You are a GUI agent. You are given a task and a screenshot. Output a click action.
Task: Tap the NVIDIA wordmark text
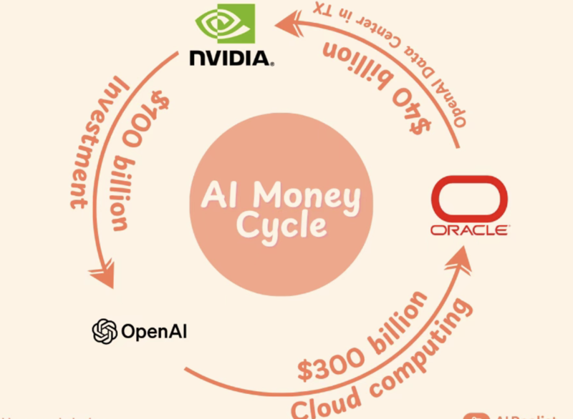[x=231, y=58]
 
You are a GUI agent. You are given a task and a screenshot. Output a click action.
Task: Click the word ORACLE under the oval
[x=469, y=231]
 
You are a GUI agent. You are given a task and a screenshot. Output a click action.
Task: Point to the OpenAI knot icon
[x=105, y=331]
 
